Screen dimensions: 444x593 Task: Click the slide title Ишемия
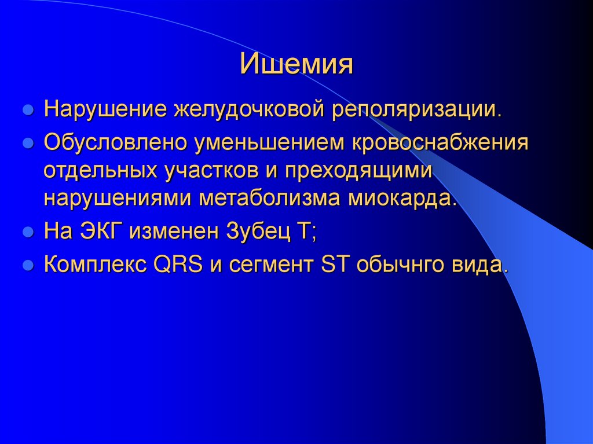coord(296,64)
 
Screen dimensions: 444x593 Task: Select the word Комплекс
coord(96,265)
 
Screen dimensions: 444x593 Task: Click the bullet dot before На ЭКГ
coord(27,233)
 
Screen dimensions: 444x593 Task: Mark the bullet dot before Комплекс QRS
coord(27,266)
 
